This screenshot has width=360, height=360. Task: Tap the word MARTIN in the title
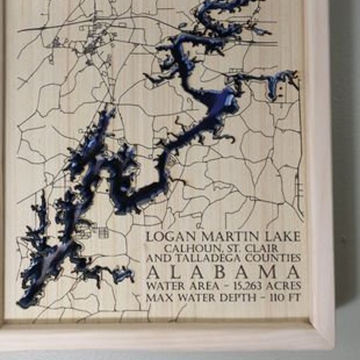pos(219,238)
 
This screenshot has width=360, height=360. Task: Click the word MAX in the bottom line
pos(157,298)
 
